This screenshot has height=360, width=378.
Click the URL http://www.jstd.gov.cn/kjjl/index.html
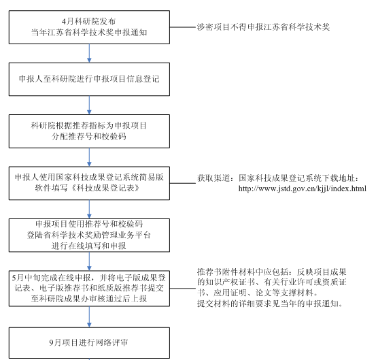pos(303,189)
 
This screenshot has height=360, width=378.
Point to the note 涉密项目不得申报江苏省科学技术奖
pos(263,27)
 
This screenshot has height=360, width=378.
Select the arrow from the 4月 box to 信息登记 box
pos(89,53)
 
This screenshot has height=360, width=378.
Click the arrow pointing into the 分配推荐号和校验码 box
pos(89,105)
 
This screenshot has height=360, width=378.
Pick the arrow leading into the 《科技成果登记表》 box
pos(89,157)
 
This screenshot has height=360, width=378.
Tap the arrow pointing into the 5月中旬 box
pos(89,261)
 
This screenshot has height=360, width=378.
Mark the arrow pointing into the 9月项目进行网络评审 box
pos(89,317)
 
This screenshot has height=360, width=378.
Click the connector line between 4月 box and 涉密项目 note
pos(183,27)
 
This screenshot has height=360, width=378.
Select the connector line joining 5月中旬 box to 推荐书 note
pos(183,289)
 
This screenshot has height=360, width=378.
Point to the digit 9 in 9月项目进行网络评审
pos(52,342)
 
